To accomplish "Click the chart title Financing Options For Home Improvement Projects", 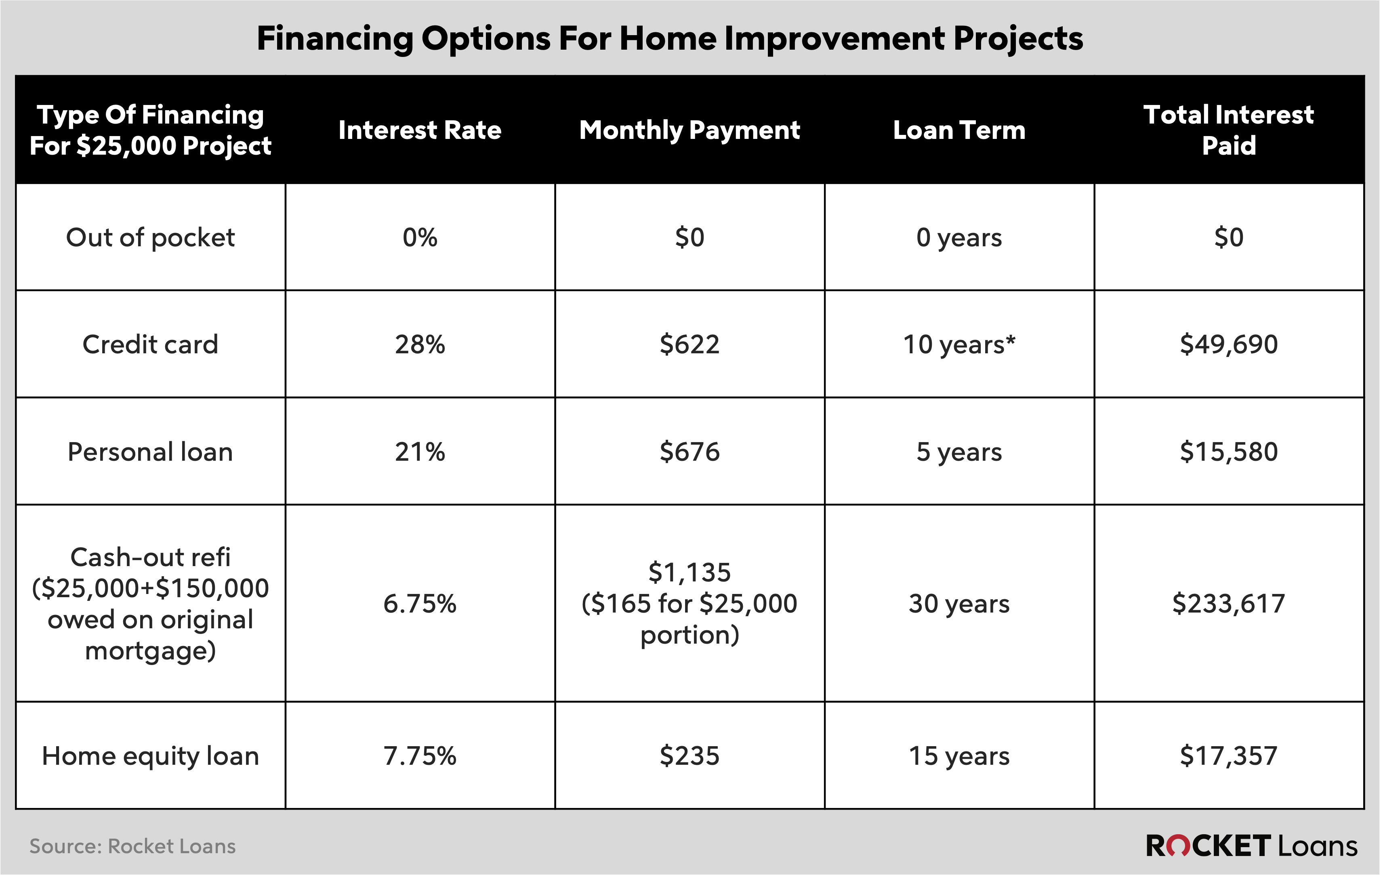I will tap(669, 39).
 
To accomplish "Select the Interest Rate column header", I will tap(420, 130).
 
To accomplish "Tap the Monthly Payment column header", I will tap(689, 130).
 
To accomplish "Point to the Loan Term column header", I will tap(959, 130).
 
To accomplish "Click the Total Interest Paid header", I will tap(1228, 130).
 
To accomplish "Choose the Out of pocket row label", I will tap(150, 237).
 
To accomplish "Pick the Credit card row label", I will tap(150, 344).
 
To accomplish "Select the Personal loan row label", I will tap(150, 452).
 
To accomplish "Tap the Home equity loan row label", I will tap(150, 756).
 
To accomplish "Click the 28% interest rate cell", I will tap(420, 344).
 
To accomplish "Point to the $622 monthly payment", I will tap(689, 344).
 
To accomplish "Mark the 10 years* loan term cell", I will tap(959, 344).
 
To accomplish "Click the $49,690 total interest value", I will tap(1228, 344).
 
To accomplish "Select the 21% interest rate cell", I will tap(420, 452).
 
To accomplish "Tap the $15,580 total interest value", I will tap(1228, 452).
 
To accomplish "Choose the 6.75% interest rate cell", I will tap(420, 604).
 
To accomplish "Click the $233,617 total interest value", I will tap(1228, 604).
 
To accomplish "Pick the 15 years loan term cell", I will tap(959, 756).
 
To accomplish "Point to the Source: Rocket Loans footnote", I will tap(132, 846).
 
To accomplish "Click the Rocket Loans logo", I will tap(1251, 846).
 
